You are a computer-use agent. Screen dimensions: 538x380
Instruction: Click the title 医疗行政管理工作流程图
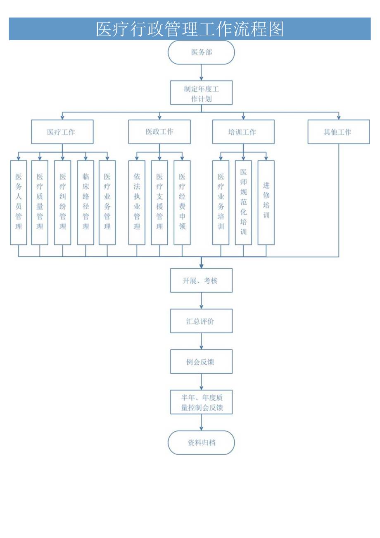[190, 29]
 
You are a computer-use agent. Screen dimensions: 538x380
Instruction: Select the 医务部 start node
[201, 53]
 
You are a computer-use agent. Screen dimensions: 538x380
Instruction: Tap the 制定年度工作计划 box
[201, 93]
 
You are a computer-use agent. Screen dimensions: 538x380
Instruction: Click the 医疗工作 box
[62, 132]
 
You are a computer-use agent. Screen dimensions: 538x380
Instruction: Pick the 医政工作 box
[159, 132]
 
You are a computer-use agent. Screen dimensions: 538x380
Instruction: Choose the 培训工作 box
[243, 132]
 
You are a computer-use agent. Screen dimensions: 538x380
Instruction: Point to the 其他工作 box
[338, 132]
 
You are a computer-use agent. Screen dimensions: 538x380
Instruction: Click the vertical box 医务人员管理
[19, 202]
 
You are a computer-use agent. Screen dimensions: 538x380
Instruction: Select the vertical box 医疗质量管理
[40, 202]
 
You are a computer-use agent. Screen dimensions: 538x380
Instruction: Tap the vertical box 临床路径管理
[85, 202]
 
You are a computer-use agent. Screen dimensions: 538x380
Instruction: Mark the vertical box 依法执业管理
[137, 202]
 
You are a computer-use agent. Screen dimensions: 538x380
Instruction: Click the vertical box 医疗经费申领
[182, 202]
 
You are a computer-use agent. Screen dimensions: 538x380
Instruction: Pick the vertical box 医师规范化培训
[243, 202]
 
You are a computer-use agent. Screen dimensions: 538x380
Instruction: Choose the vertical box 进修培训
[266, 202]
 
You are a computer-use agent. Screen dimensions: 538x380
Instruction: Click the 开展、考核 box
[201, 280]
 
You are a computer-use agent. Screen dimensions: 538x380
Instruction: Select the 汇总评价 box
[201, 321]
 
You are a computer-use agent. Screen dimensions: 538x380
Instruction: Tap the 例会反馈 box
[201, 361]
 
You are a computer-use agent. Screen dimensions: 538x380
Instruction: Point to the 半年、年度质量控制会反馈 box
[201, 402]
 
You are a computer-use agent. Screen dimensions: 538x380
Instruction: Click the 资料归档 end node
[201, 442]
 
